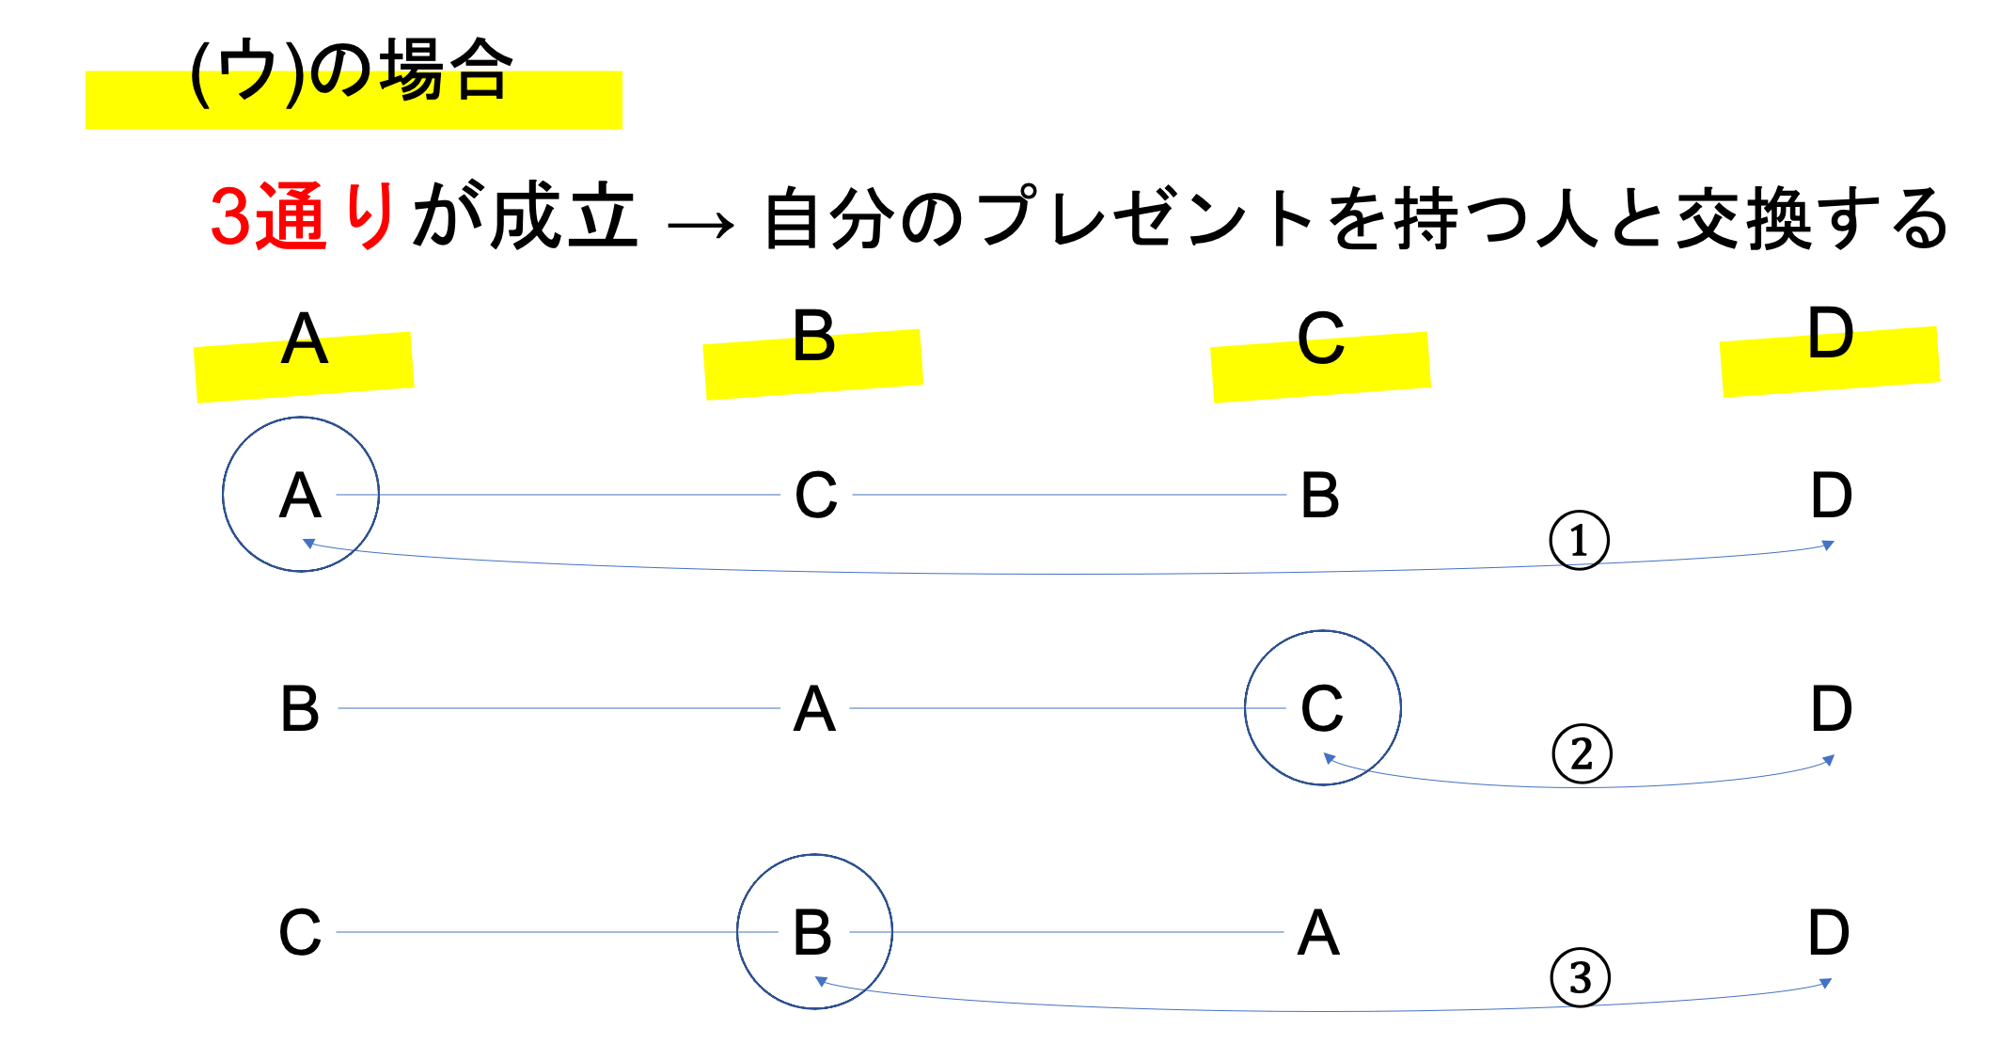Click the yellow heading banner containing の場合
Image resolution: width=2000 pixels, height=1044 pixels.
click(354, 100)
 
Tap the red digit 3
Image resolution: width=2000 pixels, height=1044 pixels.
click(229, 216)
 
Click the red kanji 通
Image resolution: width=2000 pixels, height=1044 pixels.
click(292, 216)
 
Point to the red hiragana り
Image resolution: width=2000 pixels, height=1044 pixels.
click(370, 216)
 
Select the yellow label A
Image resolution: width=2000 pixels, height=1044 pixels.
click(304, 367)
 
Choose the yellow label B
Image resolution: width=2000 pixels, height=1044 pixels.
click(813, 364)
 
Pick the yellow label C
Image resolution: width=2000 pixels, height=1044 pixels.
click(1321, 367)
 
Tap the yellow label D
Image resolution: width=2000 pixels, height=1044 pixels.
click(1830, 362)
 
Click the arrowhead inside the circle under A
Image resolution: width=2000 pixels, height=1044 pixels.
click(307, 543)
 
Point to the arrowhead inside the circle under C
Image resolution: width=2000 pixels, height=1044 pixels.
click(1329, 758)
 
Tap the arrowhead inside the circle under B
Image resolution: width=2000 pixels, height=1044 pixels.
click(820, 981)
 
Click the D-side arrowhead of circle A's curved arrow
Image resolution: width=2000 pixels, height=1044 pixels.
click(1829, 545)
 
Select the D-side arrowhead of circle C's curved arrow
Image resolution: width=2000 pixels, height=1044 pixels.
click(1829, 760)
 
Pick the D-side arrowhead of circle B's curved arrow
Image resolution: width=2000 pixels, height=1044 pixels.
click(1826, 983)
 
